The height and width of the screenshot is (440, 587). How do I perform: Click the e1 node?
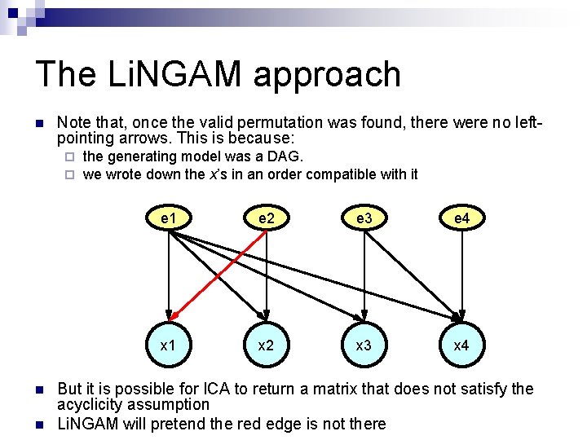169,218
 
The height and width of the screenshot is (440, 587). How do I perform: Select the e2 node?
266,218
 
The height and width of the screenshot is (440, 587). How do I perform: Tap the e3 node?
364,218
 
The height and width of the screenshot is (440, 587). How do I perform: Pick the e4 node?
461,218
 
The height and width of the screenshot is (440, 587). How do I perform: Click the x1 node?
169,345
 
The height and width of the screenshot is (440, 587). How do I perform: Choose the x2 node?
266,345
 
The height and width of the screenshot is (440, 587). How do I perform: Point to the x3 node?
364,345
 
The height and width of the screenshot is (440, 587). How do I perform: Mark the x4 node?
461,345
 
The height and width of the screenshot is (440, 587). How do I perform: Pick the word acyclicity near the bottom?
90,405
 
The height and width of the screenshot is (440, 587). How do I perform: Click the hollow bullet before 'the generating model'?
70,156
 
